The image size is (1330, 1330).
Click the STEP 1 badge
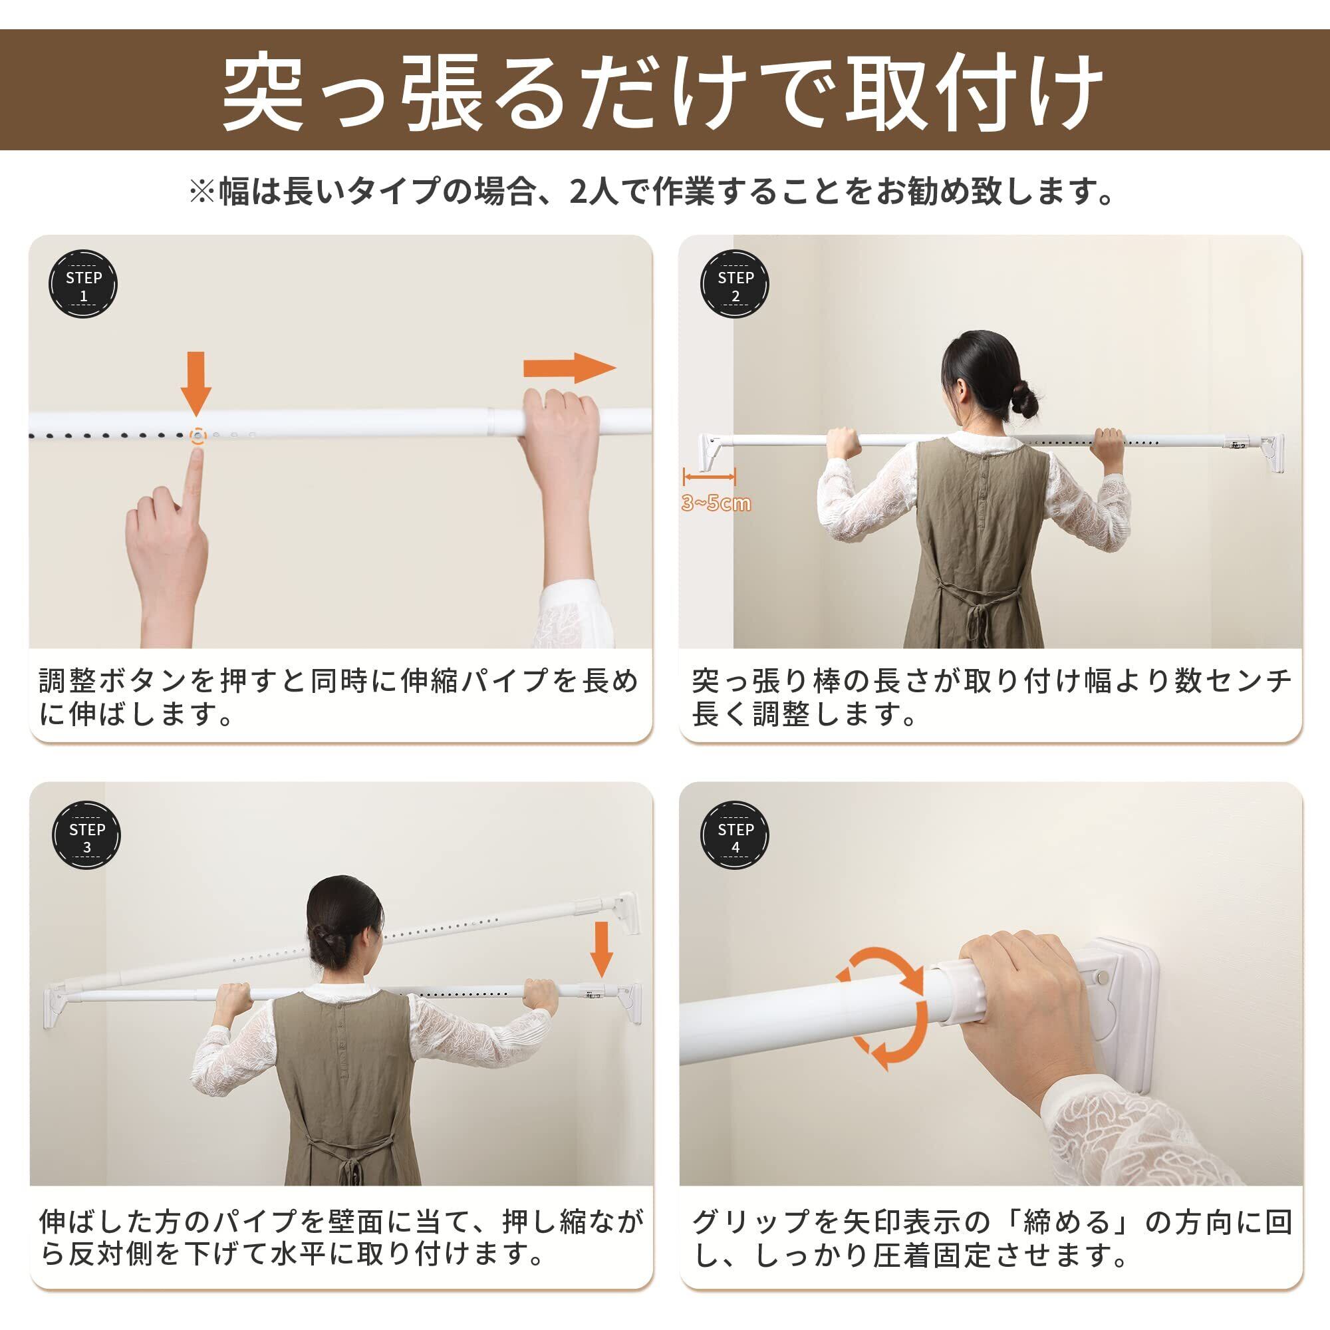(x=83, y=285)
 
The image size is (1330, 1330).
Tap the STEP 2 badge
(x=735, y=285)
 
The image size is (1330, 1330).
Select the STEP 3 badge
(x=86, y=836)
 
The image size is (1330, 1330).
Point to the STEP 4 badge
(x=735, y=836)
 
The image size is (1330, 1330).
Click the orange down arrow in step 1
(x=196, y=384)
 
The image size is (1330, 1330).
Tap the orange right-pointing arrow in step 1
(x=569, y=368)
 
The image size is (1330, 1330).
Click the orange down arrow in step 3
(x=602, y=950)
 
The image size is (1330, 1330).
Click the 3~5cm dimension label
(x=716, y=503)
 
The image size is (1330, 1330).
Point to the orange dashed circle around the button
(x=198, y=435)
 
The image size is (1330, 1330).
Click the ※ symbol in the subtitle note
(x=203, y=192)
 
